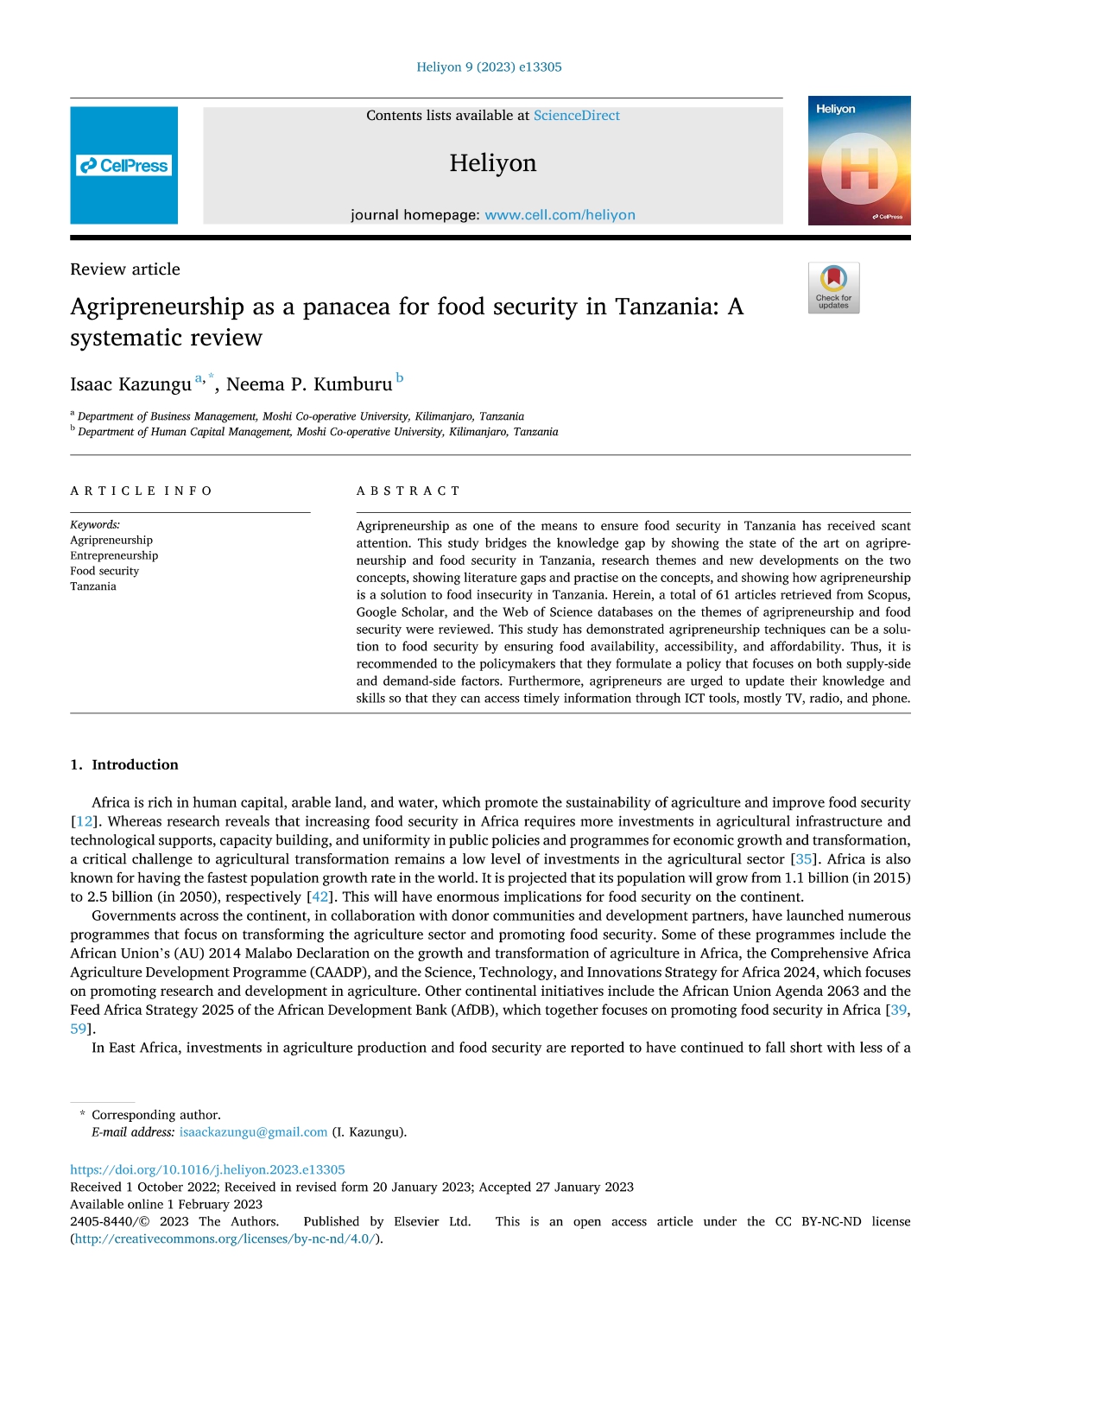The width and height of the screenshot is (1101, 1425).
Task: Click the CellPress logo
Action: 123,166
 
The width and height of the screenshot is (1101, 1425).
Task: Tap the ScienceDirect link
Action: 576,116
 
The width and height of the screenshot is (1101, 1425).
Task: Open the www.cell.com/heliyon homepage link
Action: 560,215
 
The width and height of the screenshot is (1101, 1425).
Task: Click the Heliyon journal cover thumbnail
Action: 858,161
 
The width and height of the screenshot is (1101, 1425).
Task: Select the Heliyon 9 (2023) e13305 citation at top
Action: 489,67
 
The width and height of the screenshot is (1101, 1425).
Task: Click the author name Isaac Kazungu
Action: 130,384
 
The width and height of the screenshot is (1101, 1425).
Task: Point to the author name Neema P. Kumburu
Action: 309,384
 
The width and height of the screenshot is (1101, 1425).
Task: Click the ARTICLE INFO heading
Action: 141,491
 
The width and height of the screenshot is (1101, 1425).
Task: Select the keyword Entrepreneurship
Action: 114,555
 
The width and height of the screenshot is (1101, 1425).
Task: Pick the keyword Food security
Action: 104,571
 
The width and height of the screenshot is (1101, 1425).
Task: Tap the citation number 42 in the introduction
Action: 320,897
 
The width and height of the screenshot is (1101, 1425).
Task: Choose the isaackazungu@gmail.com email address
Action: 253,1132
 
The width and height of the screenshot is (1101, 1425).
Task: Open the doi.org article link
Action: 207,1170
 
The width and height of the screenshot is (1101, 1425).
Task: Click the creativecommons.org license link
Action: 225,1239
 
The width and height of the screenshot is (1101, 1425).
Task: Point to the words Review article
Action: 125,269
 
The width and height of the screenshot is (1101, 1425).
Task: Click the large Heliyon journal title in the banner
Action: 492,163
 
